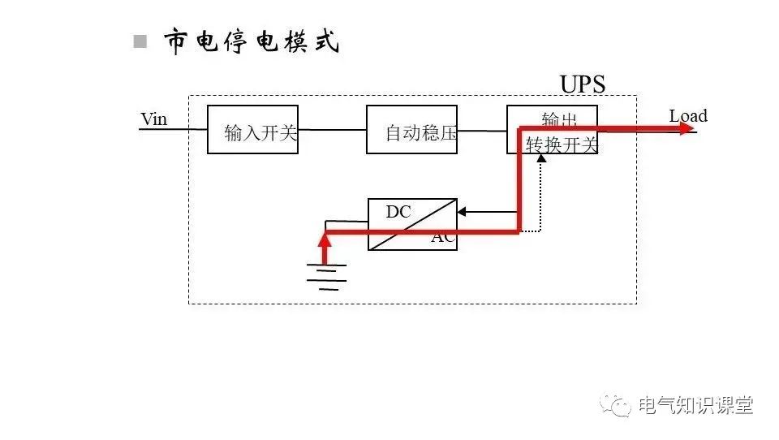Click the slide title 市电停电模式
pos(252,41)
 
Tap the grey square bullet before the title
pos(140,41)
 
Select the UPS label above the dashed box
pos(582,84)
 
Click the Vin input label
pos(153,119)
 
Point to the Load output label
pos(687,116)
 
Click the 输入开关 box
pos(252,129)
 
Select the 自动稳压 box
pos(411,129)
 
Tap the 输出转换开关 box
pos(553,130)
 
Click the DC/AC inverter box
pos(412,224)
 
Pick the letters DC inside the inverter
pos(398,212)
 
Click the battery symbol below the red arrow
pos(326,276)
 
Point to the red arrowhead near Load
pos(688,128)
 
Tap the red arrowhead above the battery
pos(325,238)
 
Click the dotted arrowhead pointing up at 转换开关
pos(541,157)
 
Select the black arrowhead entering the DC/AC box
pos(462,213)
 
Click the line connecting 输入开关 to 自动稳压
pos(332,129)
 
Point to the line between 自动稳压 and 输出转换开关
pos(482,129)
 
